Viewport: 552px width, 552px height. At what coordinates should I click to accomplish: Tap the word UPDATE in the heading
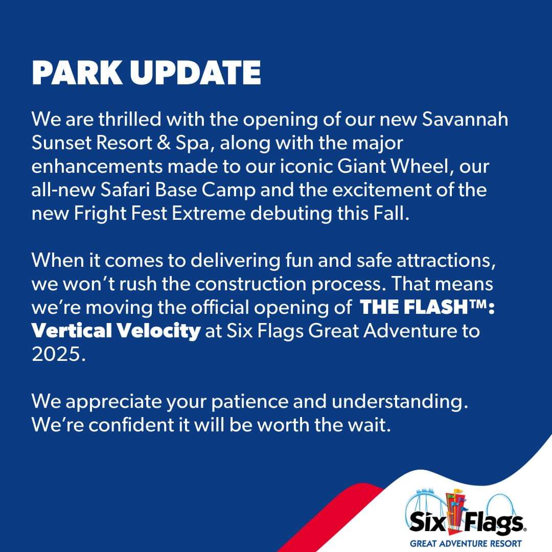[x=195, y=73]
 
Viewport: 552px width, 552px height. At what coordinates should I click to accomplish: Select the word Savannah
[x=465, y=119]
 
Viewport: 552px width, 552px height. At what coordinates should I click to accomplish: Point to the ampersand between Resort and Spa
[x=164, y=143]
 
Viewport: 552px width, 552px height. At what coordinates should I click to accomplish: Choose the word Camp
[x=229, y=191]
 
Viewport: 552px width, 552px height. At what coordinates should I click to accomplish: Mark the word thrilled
[x=129, y=119]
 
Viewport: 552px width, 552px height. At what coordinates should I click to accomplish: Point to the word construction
[x=250, y=285]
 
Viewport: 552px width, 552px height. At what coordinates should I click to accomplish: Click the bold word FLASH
[x=435, y=307]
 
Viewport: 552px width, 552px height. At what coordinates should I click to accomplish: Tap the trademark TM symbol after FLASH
[x=478, y=304]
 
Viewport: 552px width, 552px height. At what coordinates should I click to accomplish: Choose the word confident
[x=131, y=425]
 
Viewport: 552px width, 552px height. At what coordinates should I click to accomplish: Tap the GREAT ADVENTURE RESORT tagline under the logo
[x=466, y=543]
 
